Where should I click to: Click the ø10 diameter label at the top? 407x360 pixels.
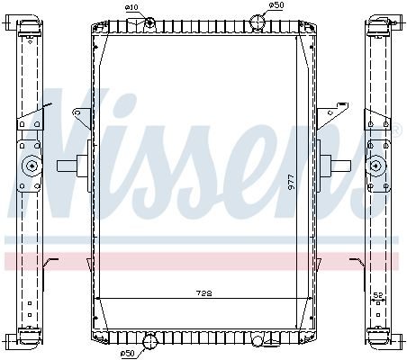tap(131, 7)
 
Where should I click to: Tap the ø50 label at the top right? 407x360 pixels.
tap(276, 5)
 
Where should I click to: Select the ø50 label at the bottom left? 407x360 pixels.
tap(127, 354)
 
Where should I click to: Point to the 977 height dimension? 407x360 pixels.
tap(291, 181)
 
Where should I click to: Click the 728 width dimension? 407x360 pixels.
tap(203, 292)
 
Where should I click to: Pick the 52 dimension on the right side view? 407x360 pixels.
tap(378, 295)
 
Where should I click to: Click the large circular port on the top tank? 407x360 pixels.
tap(257, 22)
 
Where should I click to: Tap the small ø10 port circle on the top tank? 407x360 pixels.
tap(149, 22)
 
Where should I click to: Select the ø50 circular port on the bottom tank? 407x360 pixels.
tap(149, 341)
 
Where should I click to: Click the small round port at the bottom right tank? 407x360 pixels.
tap(258, 341)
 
